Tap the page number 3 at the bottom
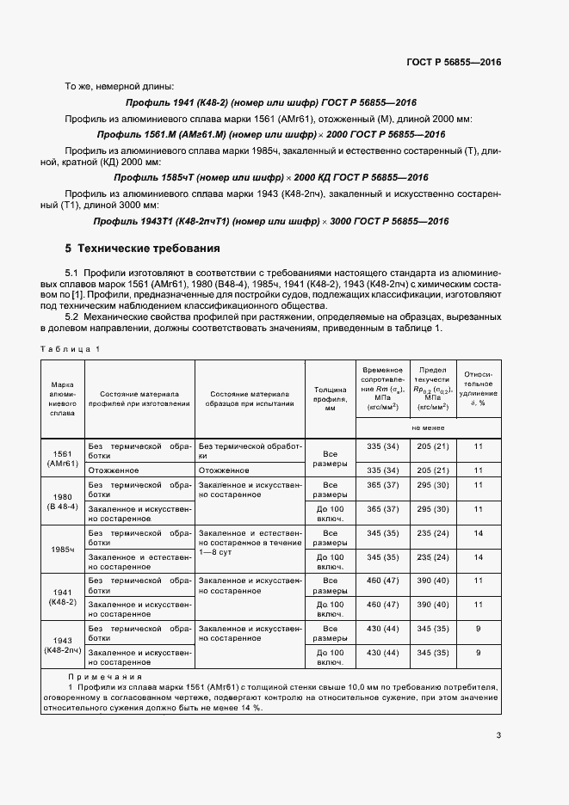pos(498,734)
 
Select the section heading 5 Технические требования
pos(143,249)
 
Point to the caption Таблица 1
pos(71,347)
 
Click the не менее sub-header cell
pos(428,427)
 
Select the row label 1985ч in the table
pos(65,549)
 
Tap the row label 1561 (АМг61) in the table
pos(65,458)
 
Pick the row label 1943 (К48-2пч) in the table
pos(65,645)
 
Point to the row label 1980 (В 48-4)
pos(65,501)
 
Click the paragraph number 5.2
pos(74,317)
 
